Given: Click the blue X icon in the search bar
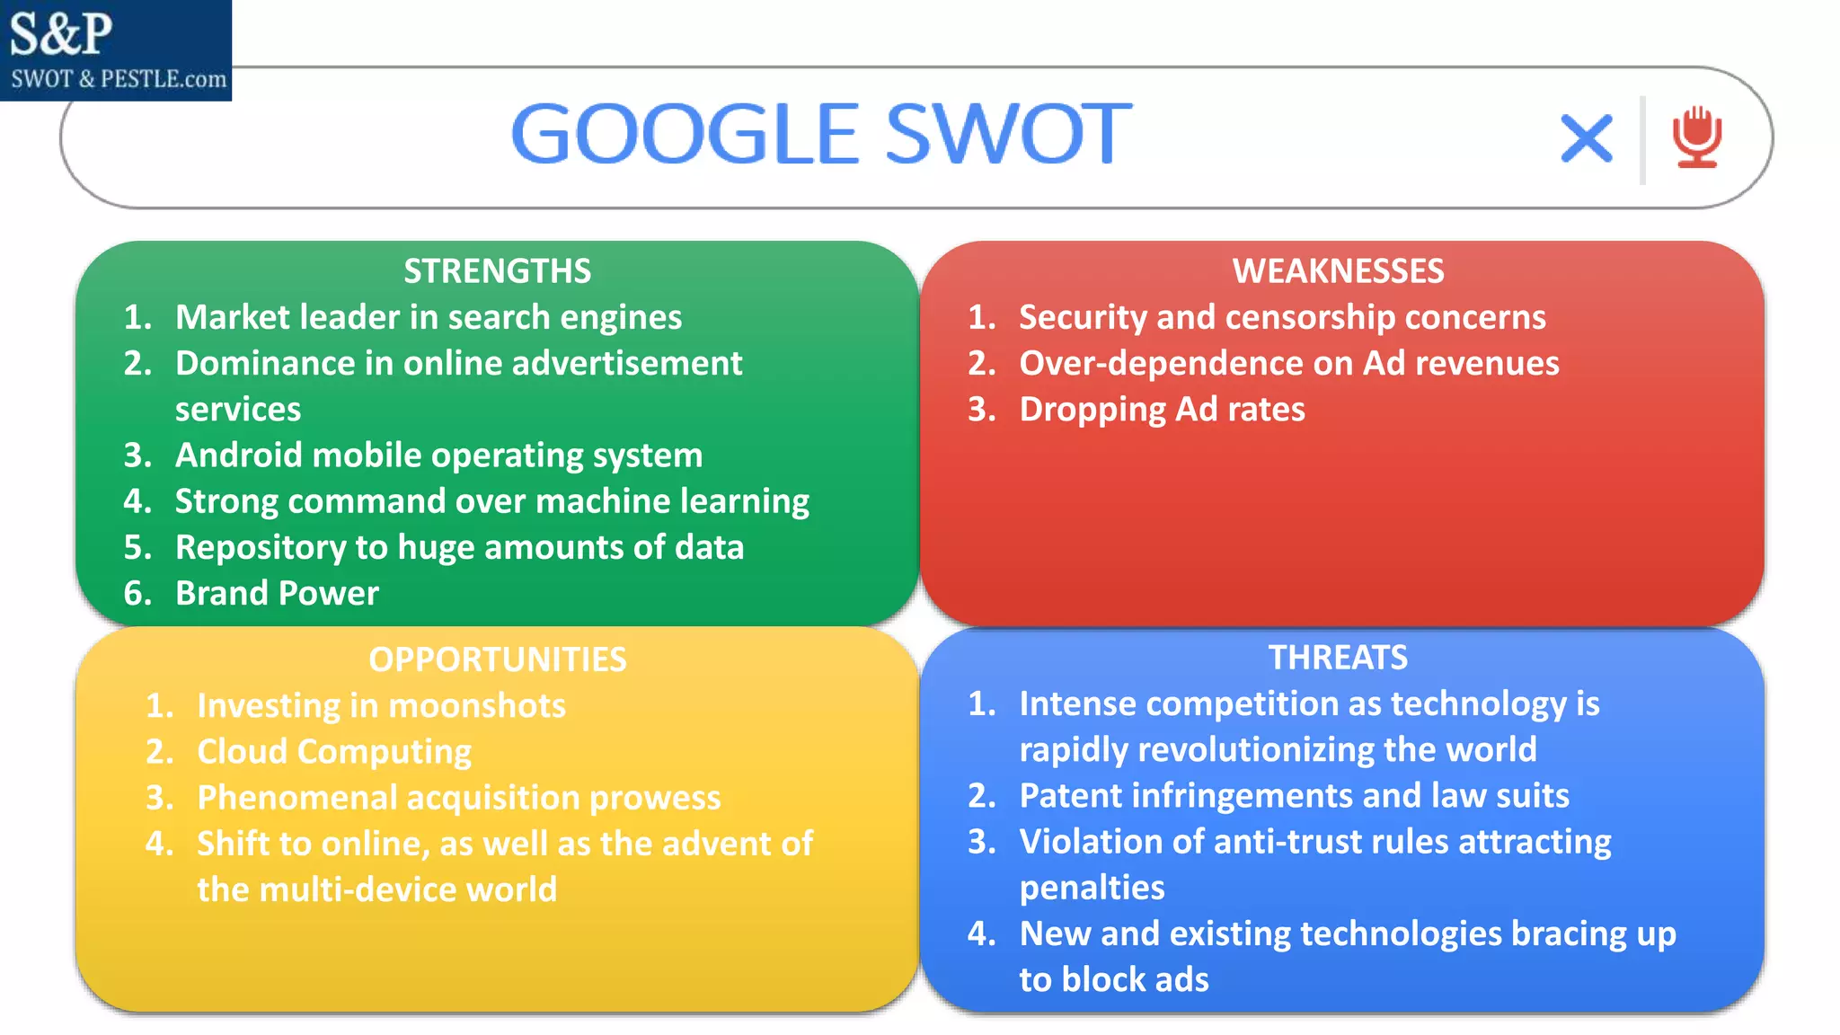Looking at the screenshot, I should [1587, 138].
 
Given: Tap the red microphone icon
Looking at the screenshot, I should [1696, 137].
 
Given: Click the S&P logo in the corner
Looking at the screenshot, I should [116, 49].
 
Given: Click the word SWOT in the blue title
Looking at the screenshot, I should [1008, 135].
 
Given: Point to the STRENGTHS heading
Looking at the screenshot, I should [497, 271].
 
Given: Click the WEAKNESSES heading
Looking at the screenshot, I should [1338, 271].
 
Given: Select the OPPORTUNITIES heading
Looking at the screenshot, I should [497, 659].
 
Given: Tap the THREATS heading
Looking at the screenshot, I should [1338, 658].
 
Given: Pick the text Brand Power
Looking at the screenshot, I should [277, 594].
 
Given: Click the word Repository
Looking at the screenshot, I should [261, 548].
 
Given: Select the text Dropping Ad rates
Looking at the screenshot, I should [1162, 410].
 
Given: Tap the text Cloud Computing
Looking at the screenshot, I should [334, 752].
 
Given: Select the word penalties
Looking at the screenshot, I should [1092, 889].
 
